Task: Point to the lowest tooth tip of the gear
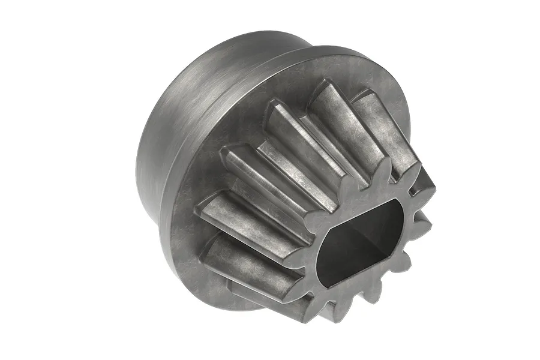[329, 317]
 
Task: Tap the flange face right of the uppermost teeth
[396, 90]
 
